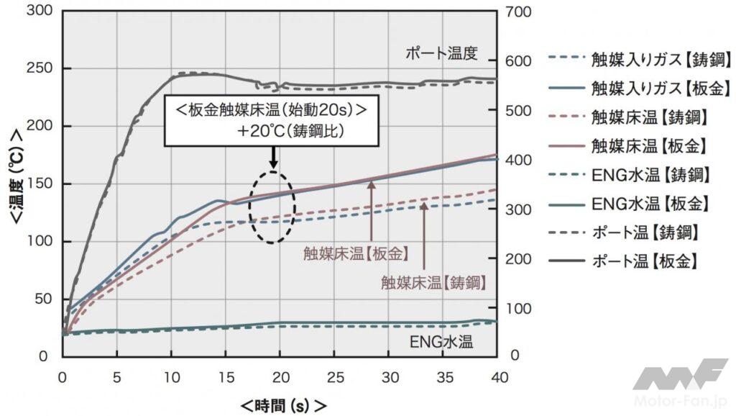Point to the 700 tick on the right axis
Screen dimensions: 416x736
click(520, 12)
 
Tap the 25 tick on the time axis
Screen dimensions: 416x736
click(334, 376)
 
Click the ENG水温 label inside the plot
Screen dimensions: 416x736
click(442, 340)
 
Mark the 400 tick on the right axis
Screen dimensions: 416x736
click(520, 160)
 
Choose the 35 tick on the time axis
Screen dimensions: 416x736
click(443, 376)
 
